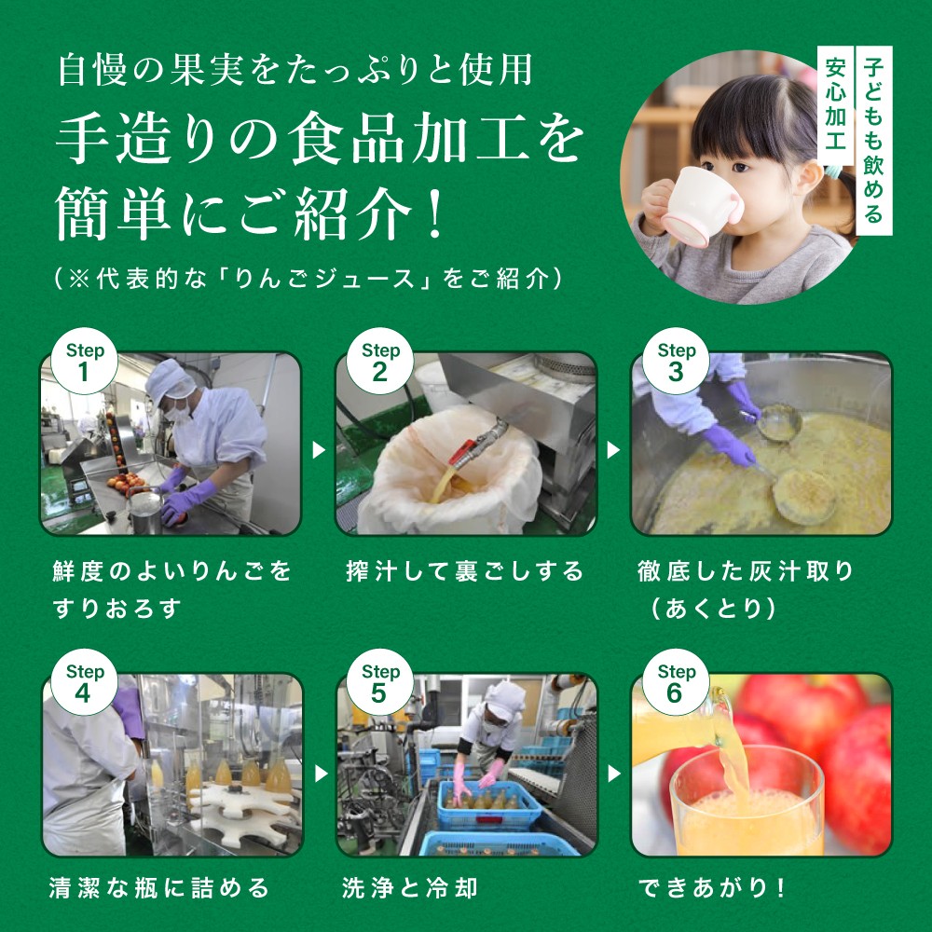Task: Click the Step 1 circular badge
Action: coord(83,363)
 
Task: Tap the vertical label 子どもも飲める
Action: coord(873,140)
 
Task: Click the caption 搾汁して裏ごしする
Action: coord(464,570)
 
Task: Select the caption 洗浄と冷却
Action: coord(410,888)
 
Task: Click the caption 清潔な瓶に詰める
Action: coord(159,888)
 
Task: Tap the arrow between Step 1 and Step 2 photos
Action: coord(319,450)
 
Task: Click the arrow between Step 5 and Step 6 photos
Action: coord(614,773)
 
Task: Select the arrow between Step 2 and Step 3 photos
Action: coord(614,450)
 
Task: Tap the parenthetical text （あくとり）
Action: coord(714,609)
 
